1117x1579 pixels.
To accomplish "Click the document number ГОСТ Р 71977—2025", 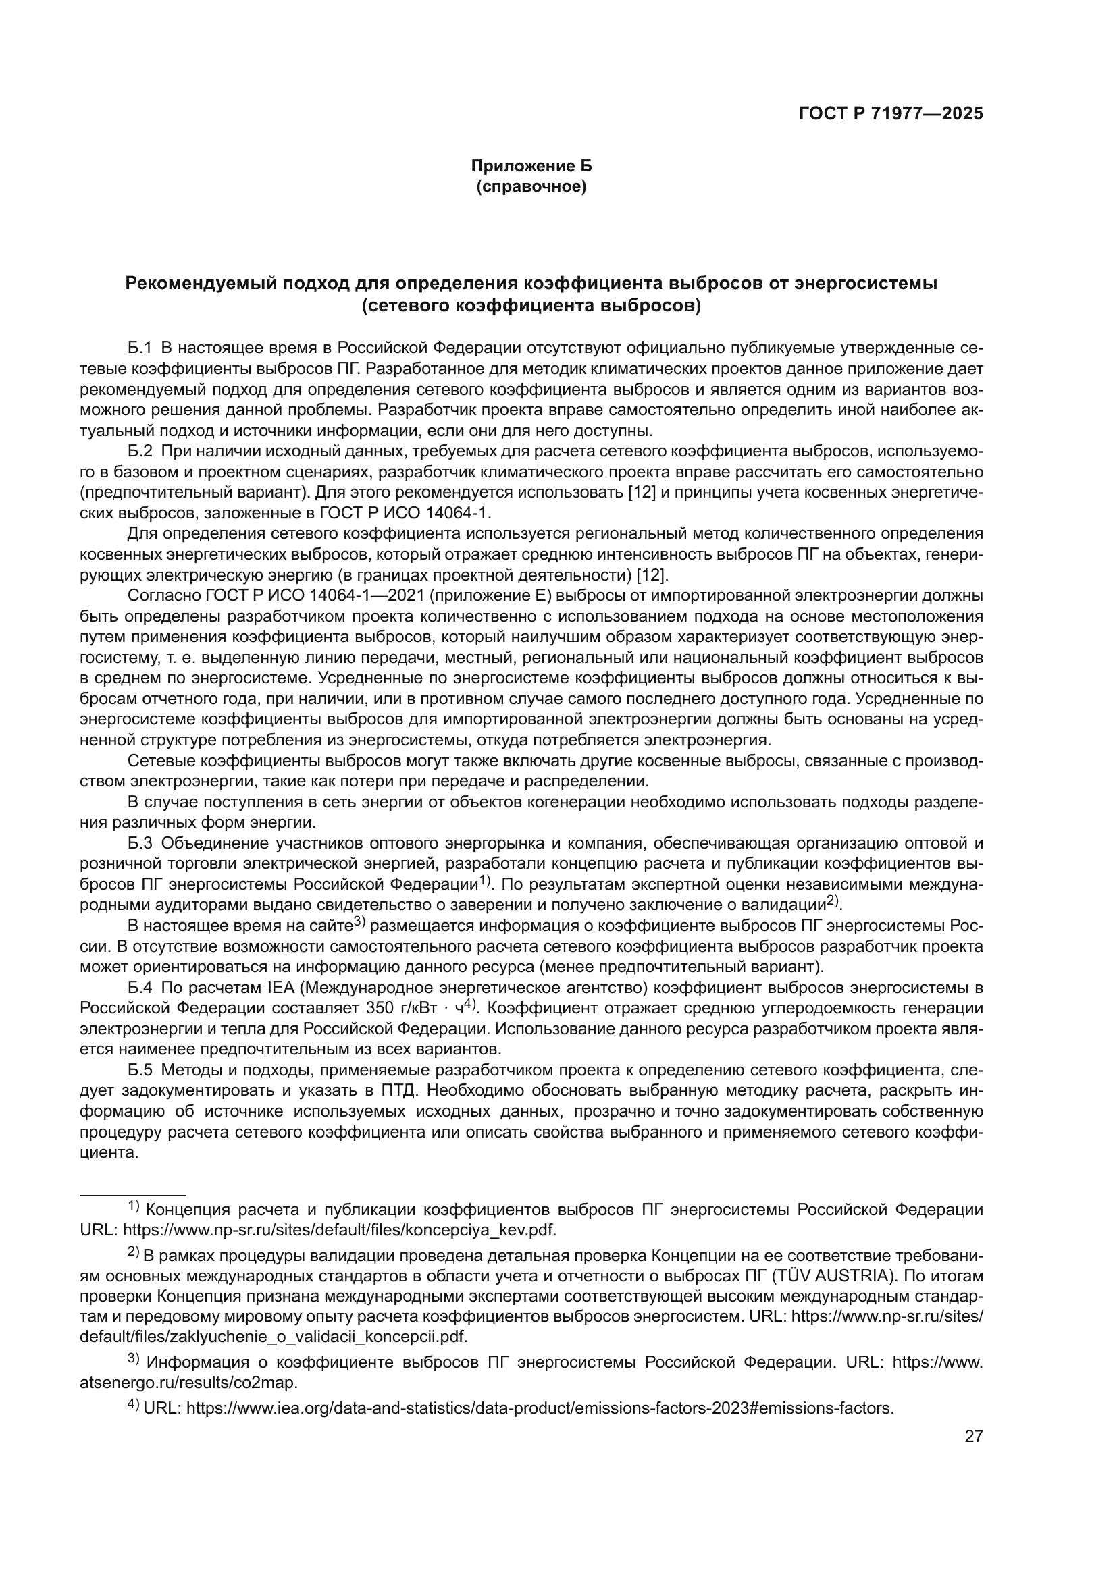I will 891,114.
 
